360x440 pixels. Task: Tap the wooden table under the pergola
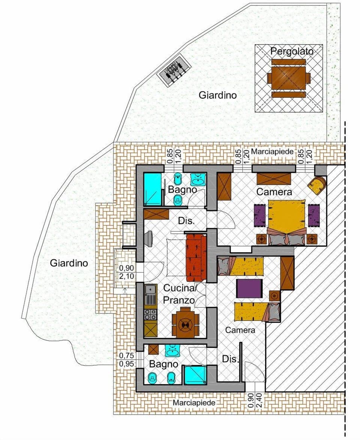tap(289, 78)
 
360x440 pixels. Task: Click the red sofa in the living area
tap(195, 257)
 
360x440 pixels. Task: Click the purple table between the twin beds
tap(249, 288)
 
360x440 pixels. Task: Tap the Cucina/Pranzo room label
tap(179, 294)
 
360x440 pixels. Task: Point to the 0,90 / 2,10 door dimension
tap(126, 272)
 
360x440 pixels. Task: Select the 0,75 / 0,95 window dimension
tap(126, 359)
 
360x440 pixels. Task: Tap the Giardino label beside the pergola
tap(217, 95)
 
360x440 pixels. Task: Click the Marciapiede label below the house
tap(194, 403)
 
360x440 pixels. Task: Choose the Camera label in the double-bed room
tap(274, 192)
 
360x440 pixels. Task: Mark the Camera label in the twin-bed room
tap(240, 330)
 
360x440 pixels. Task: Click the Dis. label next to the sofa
tap(186, 221)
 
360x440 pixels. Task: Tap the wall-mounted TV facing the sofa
tap(149, 238)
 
